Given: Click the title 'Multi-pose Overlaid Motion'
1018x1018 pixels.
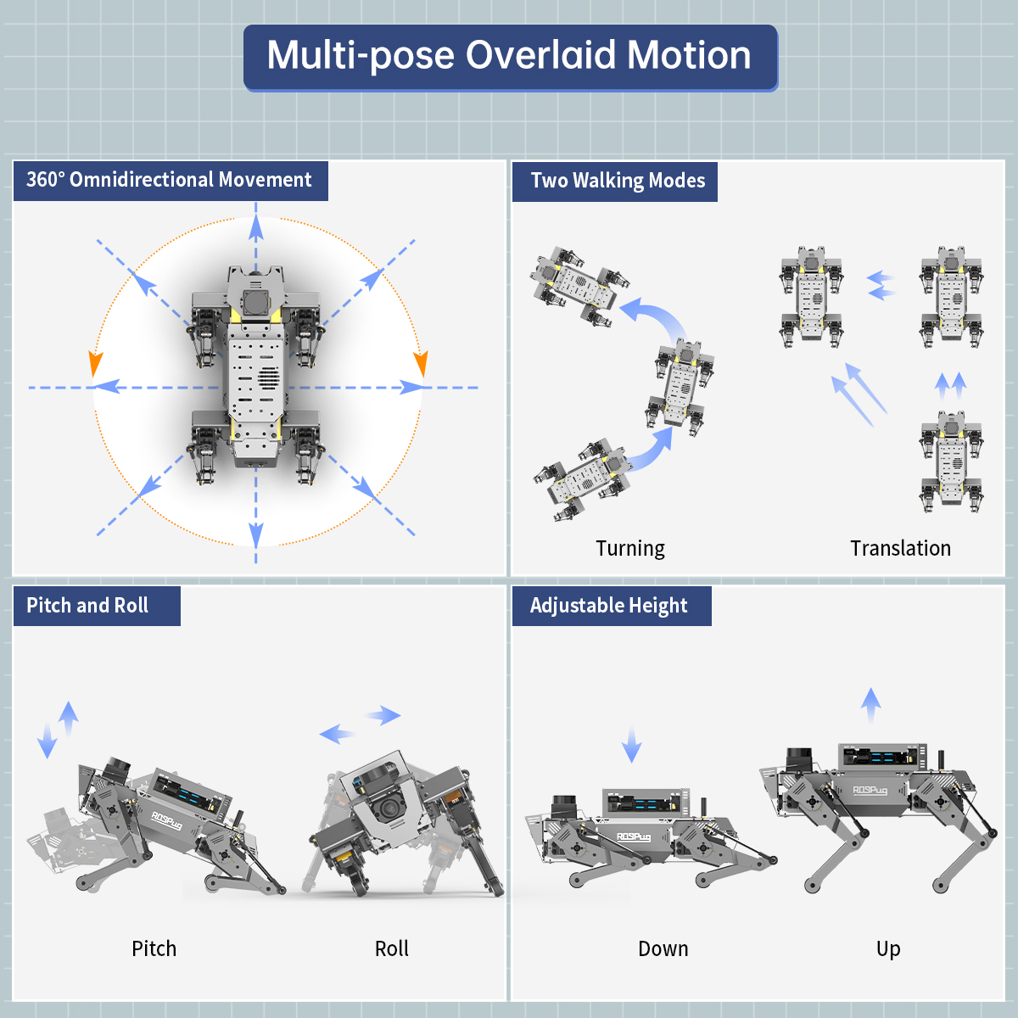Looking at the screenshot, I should [x=509, y=56].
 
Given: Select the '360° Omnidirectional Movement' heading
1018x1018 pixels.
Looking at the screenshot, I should [x=170, y=180].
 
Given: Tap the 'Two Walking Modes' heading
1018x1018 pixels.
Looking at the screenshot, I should [x=618, y=181].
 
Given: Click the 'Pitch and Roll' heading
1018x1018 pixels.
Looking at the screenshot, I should [x=87, y=606].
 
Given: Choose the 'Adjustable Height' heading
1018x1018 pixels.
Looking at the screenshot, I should [x=608, y=606].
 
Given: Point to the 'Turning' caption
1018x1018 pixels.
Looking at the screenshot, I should [x=630, y=548].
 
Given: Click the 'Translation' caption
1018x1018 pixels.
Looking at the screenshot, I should [x=900, y=548].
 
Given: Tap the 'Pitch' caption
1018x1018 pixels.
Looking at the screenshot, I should [x=154, y=948].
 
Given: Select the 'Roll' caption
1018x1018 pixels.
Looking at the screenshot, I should [x=392, y=948].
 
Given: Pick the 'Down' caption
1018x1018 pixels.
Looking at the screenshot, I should [x=663, y=948].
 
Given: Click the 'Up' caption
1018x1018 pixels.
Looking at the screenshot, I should [x=888, y=948].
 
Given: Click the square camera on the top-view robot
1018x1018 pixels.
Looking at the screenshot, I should [x=255, y=301].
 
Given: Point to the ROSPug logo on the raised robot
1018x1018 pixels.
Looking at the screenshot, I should [x=870, y=791].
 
